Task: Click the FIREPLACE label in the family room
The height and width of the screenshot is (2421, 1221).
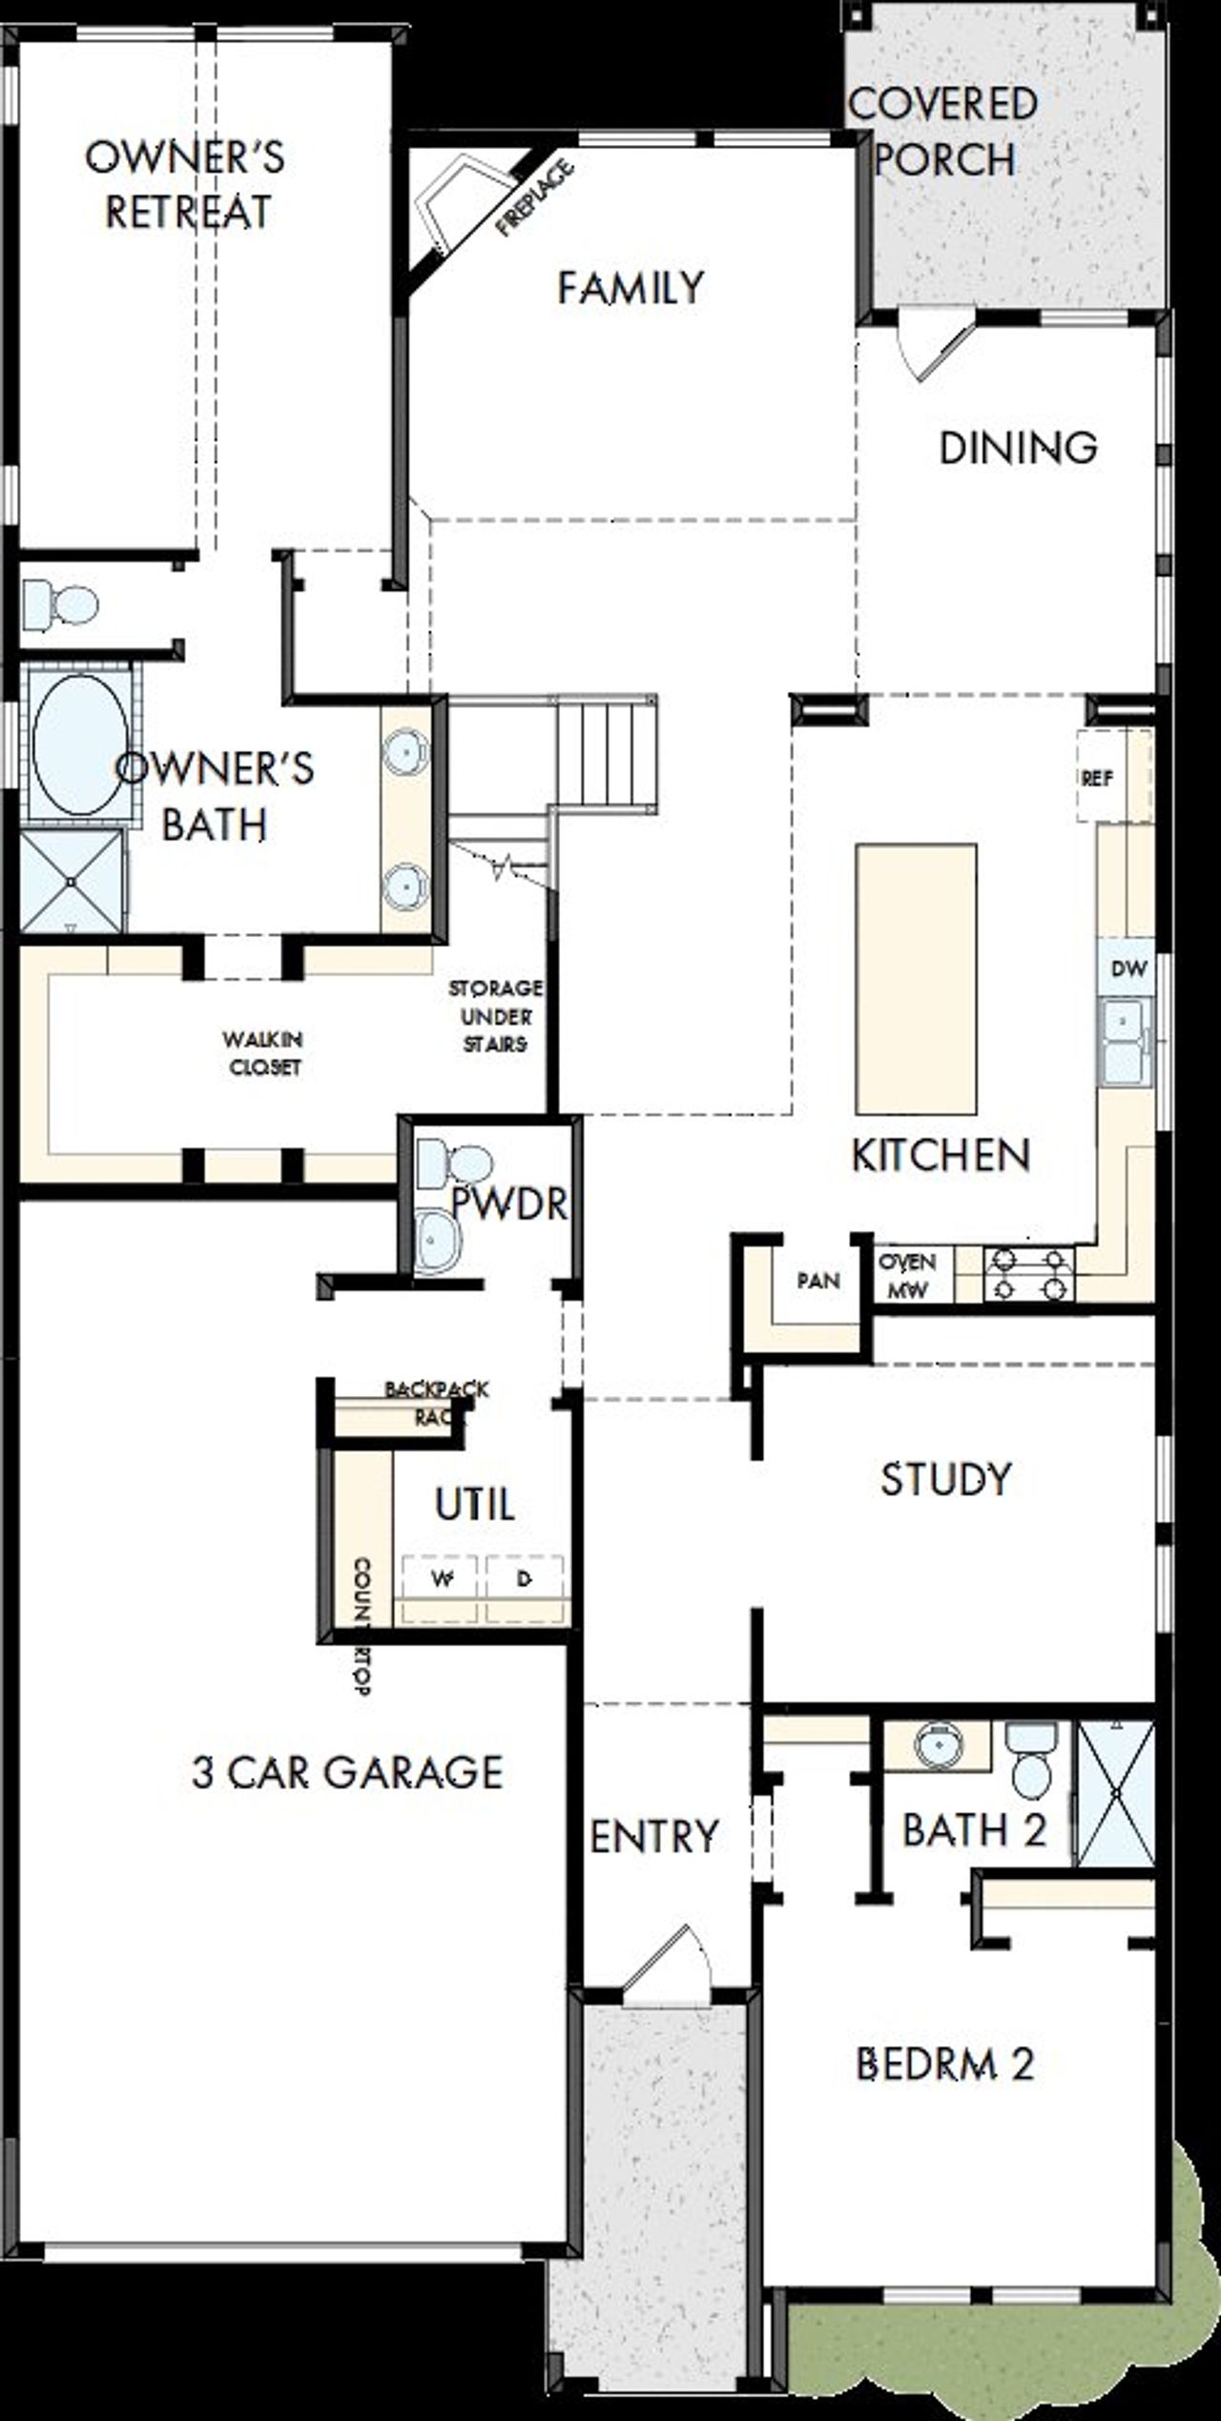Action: tap(536, 198)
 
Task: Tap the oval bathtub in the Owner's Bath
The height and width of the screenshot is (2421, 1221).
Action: tap(79, 745)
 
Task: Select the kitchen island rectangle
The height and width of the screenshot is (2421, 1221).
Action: tap(916, 979)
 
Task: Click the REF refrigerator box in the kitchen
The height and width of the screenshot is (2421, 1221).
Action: tap(1099, 778)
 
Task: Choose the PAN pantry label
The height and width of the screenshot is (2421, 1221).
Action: tap(818, 1281)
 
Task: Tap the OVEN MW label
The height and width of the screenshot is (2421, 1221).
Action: tap(907, 1276)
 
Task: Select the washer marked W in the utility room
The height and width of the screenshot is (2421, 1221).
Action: tap(441, 1580)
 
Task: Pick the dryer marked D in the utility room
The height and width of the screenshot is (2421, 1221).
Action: tap(524, 1580)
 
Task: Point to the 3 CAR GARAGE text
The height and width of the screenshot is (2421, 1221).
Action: tap(347, 1773)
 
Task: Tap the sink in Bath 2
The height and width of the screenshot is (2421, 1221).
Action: tap(938, 1747)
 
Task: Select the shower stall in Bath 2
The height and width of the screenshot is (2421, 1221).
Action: tap(1114, 1795)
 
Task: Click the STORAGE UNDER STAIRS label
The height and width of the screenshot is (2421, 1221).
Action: tap(495, 1016)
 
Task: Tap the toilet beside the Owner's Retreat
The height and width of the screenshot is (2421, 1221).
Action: tap(62, 603)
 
